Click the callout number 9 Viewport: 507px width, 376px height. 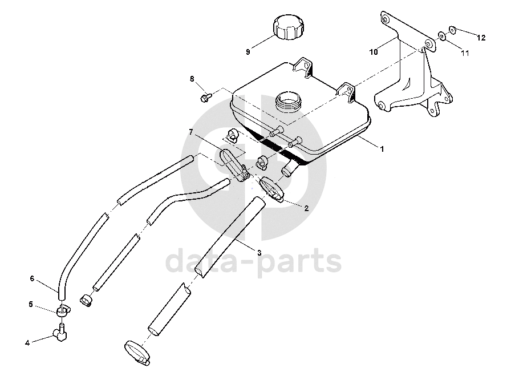pos(248,52)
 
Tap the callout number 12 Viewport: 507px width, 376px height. pos(481,38)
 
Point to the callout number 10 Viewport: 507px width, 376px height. pos(374,52)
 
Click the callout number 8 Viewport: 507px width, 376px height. pos(192,78)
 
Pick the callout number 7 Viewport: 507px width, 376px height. pos(192,132)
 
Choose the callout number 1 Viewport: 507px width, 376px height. pos(382,148)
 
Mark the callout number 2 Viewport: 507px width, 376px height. pos(306,208)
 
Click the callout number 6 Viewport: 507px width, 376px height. pos(33,278)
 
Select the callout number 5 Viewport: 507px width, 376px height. pos(31,304)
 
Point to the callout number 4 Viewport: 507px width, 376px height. pos(27,342)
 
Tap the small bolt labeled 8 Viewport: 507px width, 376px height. pos(205,98)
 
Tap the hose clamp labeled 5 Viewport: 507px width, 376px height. pos(63,310)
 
